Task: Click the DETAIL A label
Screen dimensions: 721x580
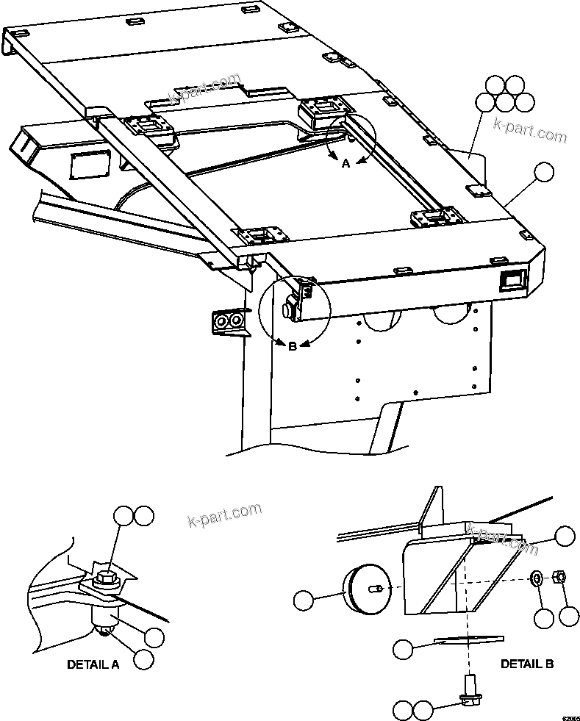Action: click(93, 664)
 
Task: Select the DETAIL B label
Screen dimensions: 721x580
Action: click(527, 664)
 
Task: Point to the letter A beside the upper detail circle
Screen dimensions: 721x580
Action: click(346, 165)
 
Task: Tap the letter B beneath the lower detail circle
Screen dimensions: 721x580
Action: click(292, 346)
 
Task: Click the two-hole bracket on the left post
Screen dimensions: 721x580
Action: click(227, 320)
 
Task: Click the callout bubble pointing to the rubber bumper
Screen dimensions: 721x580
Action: click(303, 600)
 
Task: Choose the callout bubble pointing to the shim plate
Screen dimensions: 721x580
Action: click(403, 648)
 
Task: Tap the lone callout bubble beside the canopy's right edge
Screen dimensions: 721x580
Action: click(545, 172)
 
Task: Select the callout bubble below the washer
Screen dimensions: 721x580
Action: click(544, 619)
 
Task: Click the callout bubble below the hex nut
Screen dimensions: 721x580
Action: click(568, 616)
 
